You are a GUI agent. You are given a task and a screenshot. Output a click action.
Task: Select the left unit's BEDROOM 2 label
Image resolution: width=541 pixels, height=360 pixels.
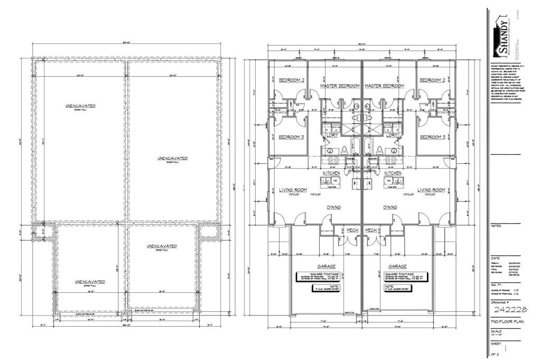tap(291, 80)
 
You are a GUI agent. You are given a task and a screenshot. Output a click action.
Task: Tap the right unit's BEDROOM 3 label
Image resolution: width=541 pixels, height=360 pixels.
tap(432, 137)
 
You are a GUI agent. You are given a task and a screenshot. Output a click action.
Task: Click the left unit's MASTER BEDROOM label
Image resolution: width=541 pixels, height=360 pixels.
tap(340, 86)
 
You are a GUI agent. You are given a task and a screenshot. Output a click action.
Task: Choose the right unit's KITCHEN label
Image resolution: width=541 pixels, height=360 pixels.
tap(393, 173)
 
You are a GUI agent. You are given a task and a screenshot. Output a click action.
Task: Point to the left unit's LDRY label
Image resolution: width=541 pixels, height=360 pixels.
tap(332, 135)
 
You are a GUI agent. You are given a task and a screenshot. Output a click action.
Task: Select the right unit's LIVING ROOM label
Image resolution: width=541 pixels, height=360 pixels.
tap(432, 190)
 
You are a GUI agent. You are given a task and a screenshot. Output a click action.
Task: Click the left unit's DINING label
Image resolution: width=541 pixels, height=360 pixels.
tap(333, 208)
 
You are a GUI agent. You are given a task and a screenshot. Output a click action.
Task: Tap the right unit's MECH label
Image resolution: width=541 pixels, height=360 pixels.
tap(371, 230)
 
